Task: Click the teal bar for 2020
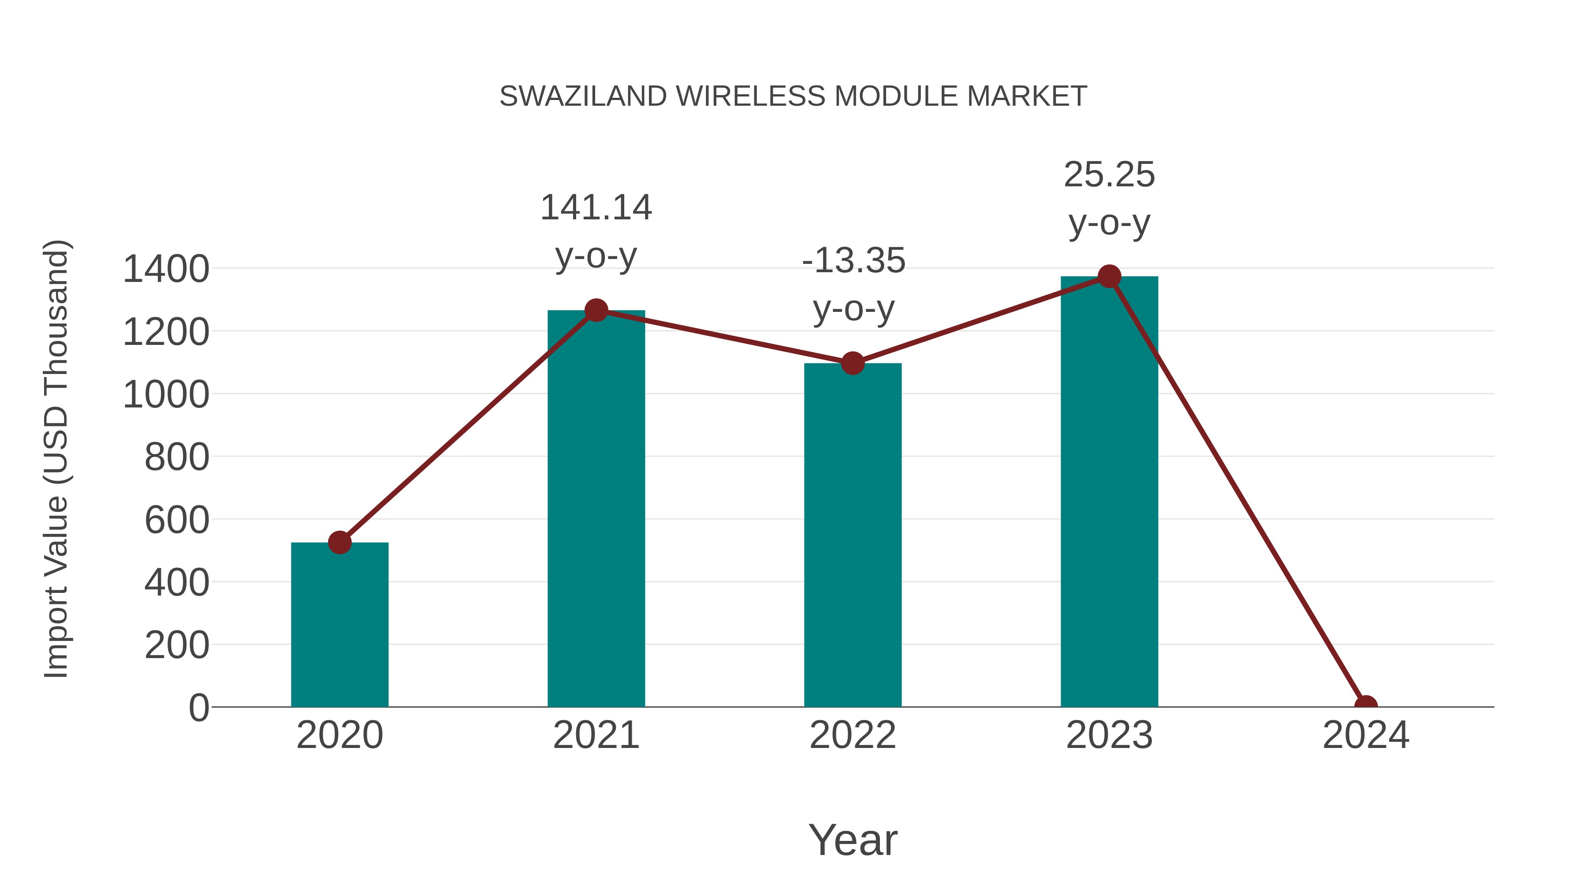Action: pos(339,625)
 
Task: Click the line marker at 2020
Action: pos(339,542)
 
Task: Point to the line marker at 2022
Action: pos(852,363)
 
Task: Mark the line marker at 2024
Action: pos(1366,706)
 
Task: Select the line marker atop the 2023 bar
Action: pos(1109,276)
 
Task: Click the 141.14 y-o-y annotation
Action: pos(596,231)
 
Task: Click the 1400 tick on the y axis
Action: pos(166,269)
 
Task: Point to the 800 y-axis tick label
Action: pos(176,457)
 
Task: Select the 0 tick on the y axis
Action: pos(198,707)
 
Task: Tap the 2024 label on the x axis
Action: pos(1366,735)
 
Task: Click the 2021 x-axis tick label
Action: pos(596,735)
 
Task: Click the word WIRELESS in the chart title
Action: pos(750,96)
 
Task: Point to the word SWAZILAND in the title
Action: pos(583,96)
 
